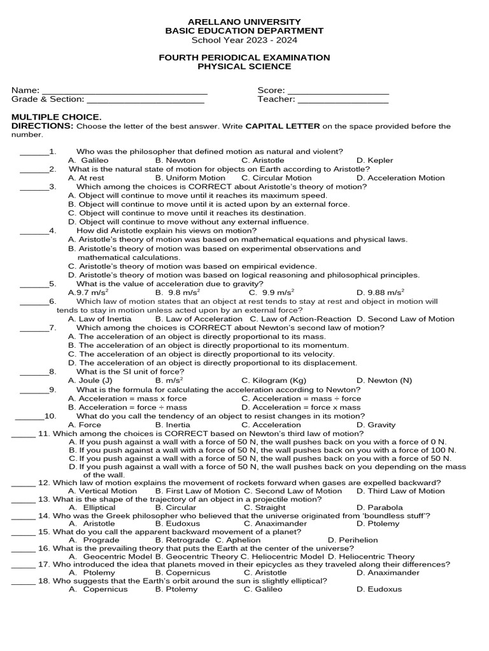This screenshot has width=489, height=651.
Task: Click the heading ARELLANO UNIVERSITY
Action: [244, 22]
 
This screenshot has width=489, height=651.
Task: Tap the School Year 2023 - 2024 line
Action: [244, 39]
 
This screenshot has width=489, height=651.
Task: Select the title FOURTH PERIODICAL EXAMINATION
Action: [244, 57]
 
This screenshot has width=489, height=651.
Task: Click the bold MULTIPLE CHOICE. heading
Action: [56, 117]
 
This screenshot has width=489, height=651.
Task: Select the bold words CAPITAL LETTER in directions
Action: [283, 126]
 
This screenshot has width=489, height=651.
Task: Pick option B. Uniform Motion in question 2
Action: [190, 178]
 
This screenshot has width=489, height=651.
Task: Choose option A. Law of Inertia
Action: [100, 319]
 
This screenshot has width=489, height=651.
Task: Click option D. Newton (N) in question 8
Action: [384, 380]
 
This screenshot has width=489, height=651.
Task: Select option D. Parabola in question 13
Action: [379, 507]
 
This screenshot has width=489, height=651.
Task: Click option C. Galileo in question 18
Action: [263, 589]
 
